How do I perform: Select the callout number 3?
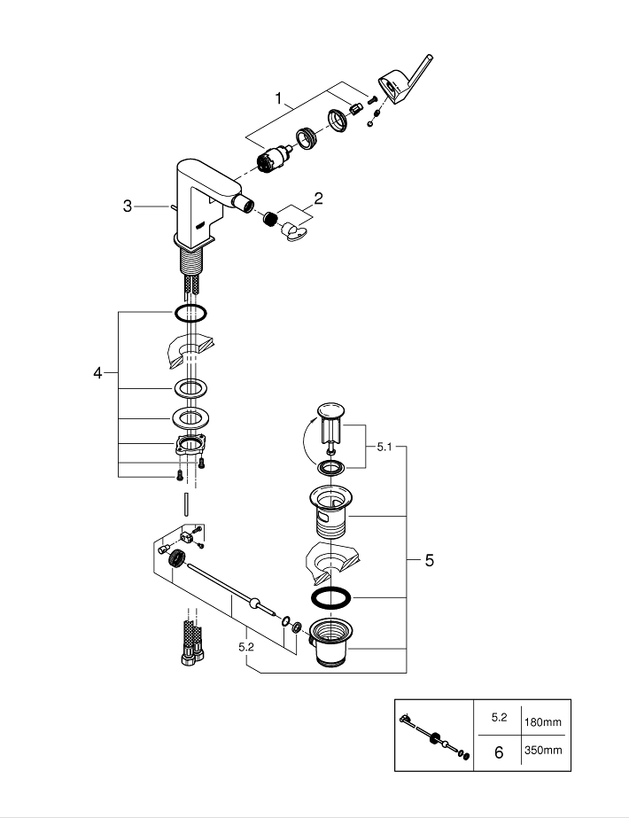coord(128,206)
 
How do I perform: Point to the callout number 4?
coord(98,373)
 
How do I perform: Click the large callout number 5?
coord(429,560)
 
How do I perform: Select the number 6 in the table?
coord(498,752)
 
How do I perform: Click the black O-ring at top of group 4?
coord(190,313)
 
